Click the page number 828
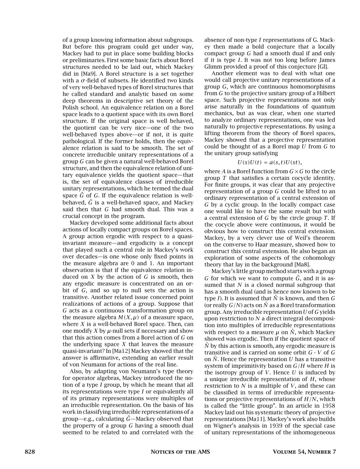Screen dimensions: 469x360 pos(30,452)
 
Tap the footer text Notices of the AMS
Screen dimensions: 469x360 pos(180,452)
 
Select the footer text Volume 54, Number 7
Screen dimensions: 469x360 pos(304,452)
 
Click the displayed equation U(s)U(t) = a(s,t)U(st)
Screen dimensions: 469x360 pos(270,162)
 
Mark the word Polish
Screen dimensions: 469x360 pos(70,107)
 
